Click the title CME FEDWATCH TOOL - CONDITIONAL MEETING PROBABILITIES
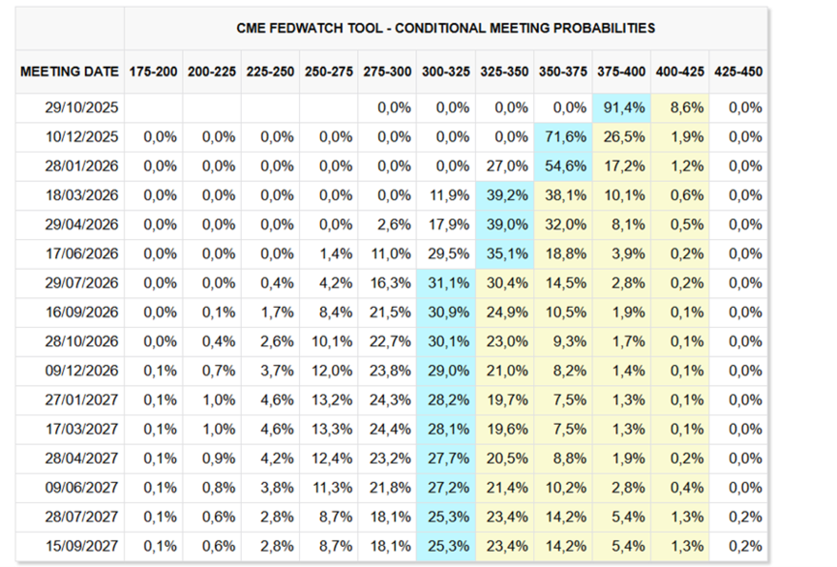click(445, 28)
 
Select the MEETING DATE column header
click(70, 72)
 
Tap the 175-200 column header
click(153, 72)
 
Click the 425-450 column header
click(738, 72)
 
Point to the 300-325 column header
click(445, 72)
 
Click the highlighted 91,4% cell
click(621, 108)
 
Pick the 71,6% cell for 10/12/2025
click(563, 137)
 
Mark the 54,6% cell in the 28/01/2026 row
click(563, 166)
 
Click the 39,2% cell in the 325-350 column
click(504, 195)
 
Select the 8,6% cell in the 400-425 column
click(680, 108)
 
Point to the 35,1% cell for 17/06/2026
click(504, 254)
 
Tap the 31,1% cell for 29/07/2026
click(445, 283)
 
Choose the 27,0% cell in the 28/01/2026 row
click(504, 166)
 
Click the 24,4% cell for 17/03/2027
click(387, 429)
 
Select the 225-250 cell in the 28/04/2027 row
click(270, 458)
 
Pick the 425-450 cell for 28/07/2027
click(739, 517)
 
